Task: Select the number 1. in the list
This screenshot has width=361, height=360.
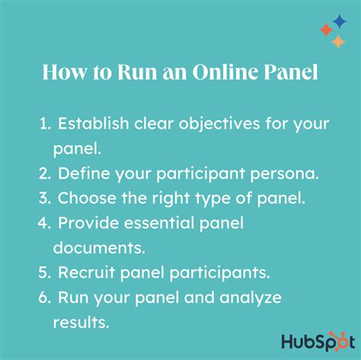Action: pyautogui.click(x=45, y=123)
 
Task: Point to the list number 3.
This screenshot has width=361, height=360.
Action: pyautogui.click(x=45, y=199)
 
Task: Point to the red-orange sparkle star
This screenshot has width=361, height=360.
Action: pyautogui.click(x=325, y=30)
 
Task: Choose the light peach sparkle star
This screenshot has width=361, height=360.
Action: pyautogui.click(x=337, y=42)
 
